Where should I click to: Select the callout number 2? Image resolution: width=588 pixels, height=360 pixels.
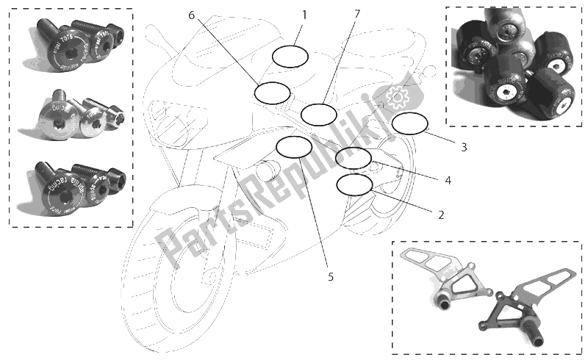coord(441,215)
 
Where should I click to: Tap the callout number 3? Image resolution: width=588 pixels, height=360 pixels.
coord(464,147)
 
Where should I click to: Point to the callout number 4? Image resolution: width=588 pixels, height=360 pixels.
coord(448,179)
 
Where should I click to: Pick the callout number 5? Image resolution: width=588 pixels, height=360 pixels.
coord(331,276)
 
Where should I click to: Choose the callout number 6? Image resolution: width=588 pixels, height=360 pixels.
coord(192,15)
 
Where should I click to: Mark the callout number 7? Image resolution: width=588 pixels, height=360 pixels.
coord(357,14)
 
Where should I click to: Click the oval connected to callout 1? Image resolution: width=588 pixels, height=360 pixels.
coord(291,56)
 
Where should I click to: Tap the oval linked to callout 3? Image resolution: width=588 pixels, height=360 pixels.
coord(409,124)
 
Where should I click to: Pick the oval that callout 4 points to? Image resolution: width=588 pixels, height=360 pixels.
coord(353,157)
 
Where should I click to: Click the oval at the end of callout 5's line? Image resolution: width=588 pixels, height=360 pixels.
coord(293,147)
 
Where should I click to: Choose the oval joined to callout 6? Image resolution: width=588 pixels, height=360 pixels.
coord(272,93)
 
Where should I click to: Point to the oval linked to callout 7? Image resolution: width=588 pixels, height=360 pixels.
coord(318,115)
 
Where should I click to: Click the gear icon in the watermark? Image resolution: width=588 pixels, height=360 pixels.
coord(397,95)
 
